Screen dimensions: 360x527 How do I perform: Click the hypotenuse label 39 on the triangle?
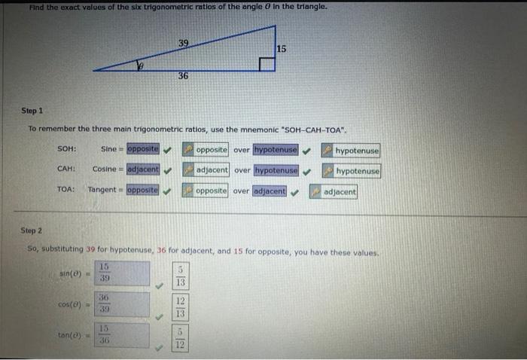point(184,44)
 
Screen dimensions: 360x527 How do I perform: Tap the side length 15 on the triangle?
point(281,48)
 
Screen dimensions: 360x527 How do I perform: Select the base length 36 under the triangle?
point(184,76)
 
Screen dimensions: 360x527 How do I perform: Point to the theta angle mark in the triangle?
point(139,66)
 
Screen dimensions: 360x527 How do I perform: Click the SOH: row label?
point(67,149)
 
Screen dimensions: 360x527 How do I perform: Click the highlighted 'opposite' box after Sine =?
point(143,149)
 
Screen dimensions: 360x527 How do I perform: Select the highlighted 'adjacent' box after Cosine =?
point(143,169)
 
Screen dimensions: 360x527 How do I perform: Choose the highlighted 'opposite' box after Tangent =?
point(143,190)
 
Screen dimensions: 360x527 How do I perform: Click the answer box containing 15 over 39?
point(123,273)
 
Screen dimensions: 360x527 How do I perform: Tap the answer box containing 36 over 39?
point(123,304)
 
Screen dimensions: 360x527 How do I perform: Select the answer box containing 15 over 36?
point(123,334)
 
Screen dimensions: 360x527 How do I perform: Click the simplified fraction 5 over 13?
point(180,276)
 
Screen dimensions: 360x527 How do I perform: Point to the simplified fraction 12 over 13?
point(180,307)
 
